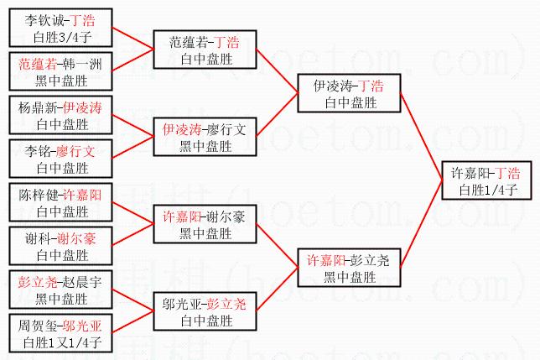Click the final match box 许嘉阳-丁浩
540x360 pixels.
pos(485,181)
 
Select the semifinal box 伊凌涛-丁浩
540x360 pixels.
pos(348,94)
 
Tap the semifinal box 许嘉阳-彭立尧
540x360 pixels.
pos(348,268)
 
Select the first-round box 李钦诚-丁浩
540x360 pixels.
pos(61,29)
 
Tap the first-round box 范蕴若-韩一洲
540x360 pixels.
pos(61,72)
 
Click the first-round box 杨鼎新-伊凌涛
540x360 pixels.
pos(61,116)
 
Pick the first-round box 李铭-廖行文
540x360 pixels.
pos(61,159)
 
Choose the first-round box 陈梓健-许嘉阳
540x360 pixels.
pos(61,203)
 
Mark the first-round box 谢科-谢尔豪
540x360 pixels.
pos(61,247)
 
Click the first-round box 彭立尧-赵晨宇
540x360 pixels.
pos(61,290)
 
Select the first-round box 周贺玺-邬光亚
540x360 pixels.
pos(61,334)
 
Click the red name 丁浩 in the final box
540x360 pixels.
pos(506,174)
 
